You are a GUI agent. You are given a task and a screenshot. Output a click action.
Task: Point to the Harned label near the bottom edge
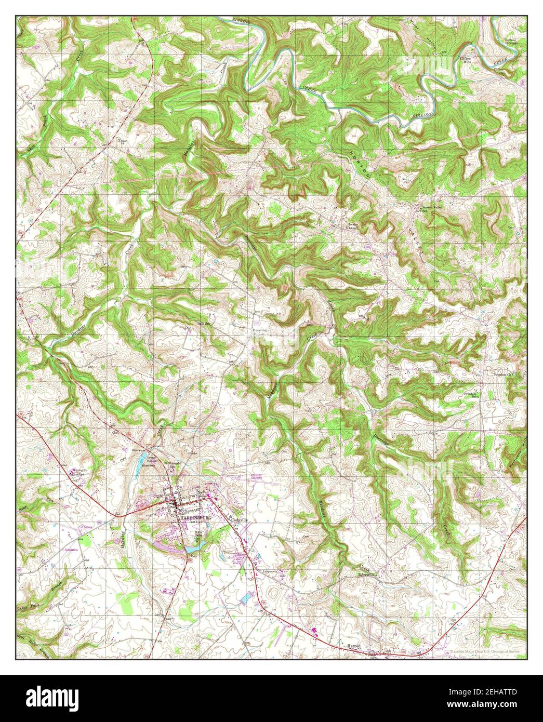(354, 646)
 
